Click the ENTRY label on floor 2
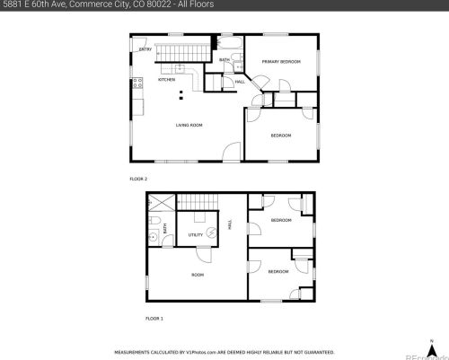(x=145, y=49)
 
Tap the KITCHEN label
(x=167, y=80)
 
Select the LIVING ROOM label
(x=189, y=125)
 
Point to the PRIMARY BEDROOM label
(x=280, y=61)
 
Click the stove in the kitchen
(x=137, y=85)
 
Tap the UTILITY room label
(x=195, y=235)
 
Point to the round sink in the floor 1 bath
(x=154, y=238)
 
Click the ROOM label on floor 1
(x=198, y=274)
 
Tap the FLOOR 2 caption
(x=138, y=179)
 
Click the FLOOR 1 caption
(x=154, y=318)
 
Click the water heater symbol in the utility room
(x=212, y=231)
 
